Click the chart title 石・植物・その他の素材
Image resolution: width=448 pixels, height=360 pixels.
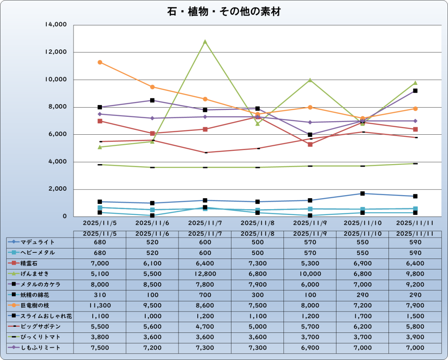tap(224, 12)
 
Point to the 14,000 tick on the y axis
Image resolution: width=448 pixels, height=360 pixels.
tap(56, 25)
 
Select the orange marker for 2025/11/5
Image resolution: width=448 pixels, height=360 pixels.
tap(100, 62)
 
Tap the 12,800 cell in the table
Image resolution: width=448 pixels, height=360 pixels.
tap(205, 274)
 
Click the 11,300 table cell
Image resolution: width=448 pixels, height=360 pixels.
tap(100, 305)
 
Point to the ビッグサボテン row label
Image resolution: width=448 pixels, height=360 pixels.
tap(40, 327)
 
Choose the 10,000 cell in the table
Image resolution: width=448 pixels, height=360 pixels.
tap(310, 274)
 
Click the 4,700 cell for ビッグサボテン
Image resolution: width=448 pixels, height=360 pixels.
tap(205, 327)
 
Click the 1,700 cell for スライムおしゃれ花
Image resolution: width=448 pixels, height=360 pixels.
tap(362, 316)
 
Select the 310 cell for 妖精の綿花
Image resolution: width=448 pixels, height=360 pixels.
tap(100, 295)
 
